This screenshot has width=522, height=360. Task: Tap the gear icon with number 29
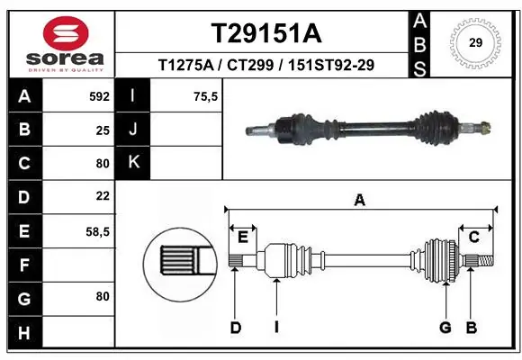click(474, 41)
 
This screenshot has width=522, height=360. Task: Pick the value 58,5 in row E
click(97, 231)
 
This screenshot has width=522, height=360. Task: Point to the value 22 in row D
click(103, 196)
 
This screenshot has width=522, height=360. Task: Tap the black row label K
click(133, 163)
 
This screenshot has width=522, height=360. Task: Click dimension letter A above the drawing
click(359, 201)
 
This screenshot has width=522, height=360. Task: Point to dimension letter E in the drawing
click(243, 237)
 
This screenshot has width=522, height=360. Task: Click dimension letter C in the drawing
click(473, 237)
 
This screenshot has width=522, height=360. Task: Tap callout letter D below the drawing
click(235, 328)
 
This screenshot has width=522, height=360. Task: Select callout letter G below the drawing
click(445, 328)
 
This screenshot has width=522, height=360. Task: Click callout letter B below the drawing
click(471, 328)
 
